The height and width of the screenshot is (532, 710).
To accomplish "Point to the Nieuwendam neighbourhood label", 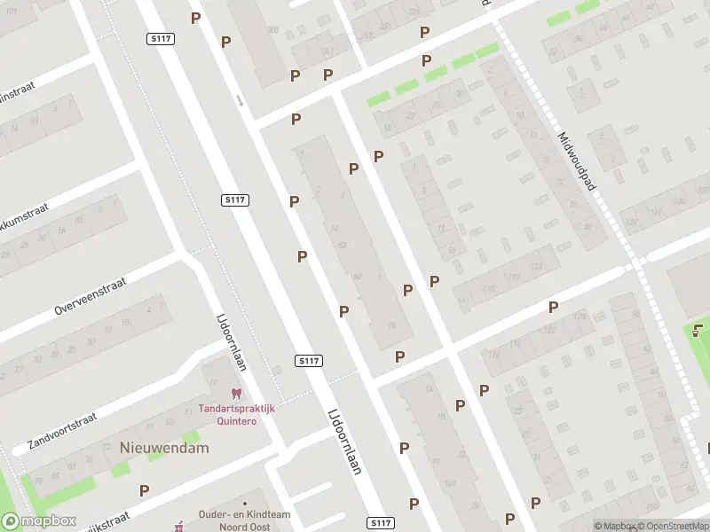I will pos(164,448).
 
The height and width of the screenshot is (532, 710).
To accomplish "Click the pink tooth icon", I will pos(236,392).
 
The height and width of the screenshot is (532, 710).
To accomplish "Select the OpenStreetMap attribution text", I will pos(673,526).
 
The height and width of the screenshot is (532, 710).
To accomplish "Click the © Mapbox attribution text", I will pos(612,526).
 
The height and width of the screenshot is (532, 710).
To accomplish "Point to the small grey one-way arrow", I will pos(240,100).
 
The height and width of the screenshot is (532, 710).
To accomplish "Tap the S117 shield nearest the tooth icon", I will pos(309,361).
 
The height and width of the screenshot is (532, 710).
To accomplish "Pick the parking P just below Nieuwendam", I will pos(144,489).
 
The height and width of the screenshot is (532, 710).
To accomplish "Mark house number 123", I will pos(535,266).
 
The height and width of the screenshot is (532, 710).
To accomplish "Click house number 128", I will pos(580,317).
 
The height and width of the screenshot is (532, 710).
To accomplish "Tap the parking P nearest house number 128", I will pos(553,308).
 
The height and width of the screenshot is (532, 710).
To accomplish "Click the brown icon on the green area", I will pos(698,332).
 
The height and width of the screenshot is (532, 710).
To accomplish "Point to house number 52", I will pos(343,244).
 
